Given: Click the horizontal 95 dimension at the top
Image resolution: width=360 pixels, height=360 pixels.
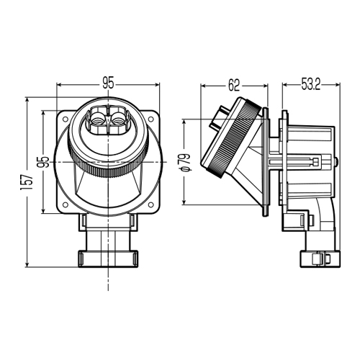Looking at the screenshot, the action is [x=108, y=84].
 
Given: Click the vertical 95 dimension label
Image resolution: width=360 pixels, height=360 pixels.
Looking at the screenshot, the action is [x=45, y=162].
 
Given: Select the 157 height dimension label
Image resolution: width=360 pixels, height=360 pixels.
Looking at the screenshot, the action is [x=27, y=182].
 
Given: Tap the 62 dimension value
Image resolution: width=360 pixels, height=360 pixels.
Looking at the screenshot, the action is [x=234, y=85].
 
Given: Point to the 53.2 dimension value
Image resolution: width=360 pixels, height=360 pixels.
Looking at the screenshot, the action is [x=311, y=84].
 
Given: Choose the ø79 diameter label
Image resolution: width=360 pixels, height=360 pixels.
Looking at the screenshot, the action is [x=186, y=162].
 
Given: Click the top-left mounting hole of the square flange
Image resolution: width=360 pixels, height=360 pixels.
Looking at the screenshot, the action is [x=65, y=119].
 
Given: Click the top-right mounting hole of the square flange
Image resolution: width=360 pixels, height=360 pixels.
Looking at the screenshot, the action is [x=151, y=119].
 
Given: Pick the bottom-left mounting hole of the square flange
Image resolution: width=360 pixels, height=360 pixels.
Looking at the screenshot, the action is [x=65, y=204].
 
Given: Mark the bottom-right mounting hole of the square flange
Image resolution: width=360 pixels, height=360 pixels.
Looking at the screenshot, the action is [x=151, y=204].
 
